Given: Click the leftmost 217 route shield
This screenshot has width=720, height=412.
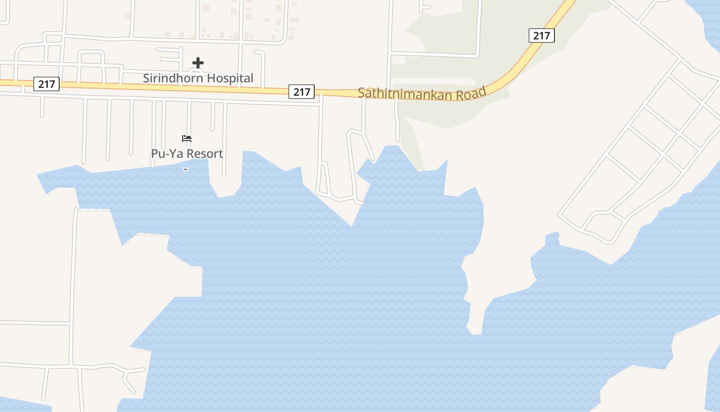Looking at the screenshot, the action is tap(46, 83).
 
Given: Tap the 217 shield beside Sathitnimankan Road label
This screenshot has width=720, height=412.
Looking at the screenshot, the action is tap(301, 92).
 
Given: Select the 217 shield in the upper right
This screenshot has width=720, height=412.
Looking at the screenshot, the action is tap(541, 36).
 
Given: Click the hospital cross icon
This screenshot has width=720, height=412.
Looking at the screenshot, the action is tap(198, 63).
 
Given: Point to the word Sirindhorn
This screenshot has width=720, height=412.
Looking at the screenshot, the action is tap(169, 78).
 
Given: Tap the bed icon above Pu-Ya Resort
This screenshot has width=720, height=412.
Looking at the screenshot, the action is tap(187, 139).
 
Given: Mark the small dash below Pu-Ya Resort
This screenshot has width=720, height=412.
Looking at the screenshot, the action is tap(186, 169).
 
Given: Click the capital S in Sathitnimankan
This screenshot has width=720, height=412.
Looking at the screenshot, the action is tap(361, 93).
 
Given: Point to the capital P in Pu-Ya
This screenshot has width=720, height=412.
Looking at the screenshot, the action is tap(155, 153).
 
